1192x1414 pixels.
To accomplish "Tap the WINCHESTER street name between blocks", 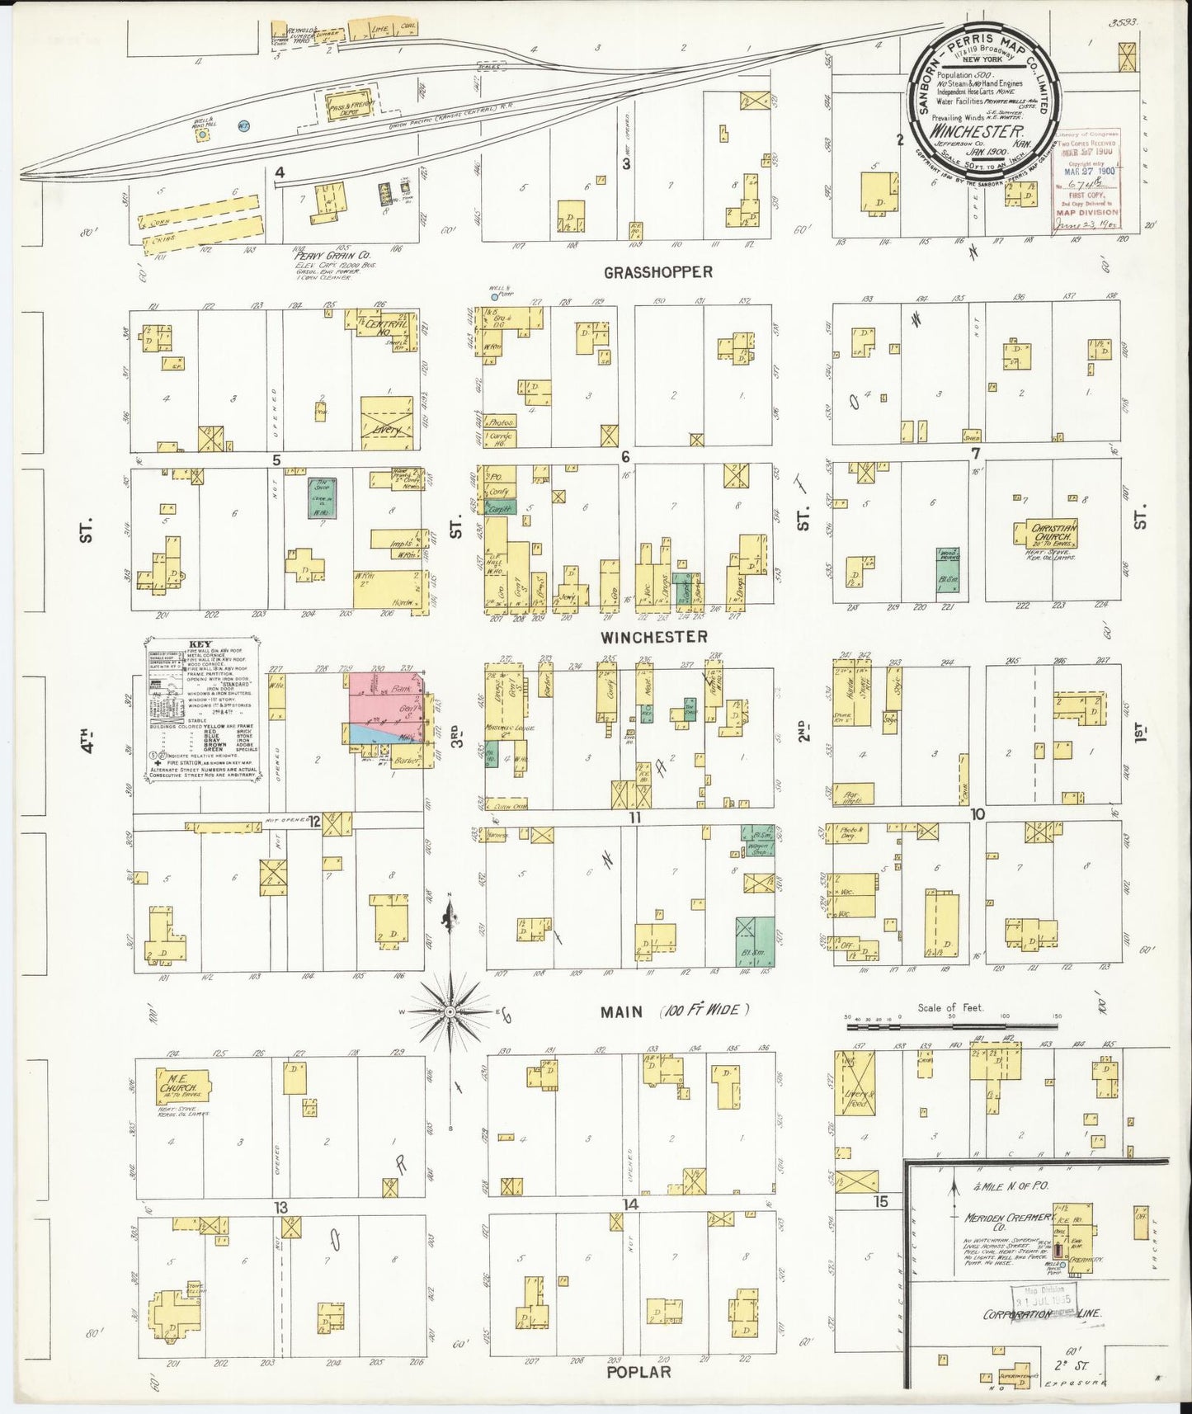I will pyautogui.click(x=653, y=637).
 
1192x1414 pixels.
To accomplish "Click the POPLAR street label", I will pyautogui.click(x=638, y=1371).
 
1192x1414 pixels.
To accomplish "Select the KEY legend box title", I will pyautogui.click(x=200, y=645).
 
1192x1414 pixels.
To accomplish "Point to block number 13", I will pyautogui.click(x=280, y=1208).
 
